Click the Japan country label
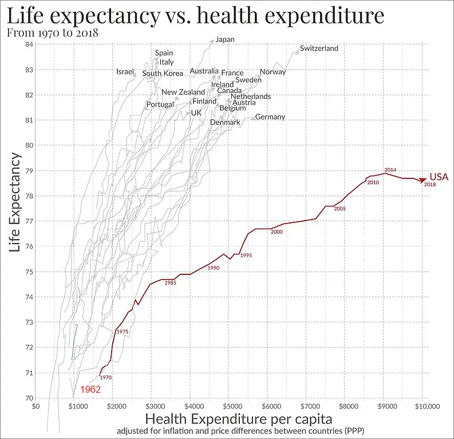225,39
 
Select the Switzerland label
319,49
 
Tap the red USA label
439,177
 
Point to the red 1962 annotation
91,390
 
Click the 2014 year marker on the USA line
390,170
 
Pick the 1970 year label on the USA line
105,377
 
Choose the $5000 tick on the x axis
230,406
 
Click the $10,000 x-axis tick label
423,406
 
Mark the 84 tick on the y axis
28,45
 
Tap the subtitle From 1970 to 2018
52,32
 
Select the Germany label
270,117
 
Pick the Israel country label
125,71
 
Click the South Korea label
163,73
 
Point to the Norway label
273,72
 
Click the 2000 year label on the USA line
277,232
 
